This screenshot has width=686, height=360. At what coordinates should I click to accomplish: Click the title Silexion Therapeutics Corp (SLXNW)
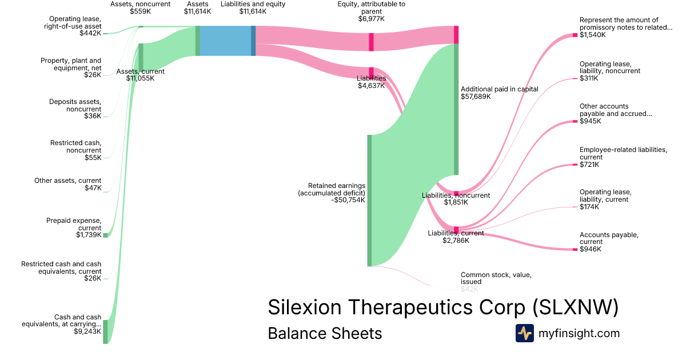(x=443, y=307)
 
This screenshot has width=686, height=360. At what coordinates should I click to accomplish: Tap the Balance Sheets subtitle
(x=325, y=333)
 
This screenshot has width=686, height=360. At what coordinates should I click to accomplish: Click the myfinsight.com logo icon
(x=524, y=333)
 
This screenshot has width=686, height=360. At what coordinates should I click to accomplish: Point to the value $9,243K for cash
(x=87, y=331)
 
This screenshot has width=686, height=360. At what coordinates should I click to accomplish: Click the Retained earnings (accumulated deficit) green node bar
(x=369, y=201)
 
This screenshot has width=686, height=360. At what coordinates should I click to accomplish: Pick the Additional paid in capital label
(x=499, y=89)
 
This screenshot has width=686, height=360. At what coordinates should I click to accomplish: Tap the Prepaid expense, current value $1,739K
(x=89, y=235)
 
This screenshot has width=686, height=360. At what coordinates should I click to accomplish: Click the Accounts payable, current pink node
(x=575, y=249)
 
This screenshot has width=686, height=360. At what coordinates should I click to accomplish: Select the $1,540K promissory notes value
(x=592, y=35)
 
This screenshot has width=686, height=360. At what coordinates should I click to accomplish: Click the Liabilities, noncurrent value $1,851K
(x=456, y=202)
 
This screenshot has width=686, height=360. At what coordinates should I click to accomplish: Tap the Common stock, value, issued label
(x=496, y=278)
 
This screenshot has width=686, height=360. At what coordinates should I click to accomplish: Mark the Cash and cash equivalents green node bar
(x=105, y=331)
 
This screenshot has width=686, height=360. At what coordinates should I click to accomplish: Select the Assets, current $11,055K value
(x=140, y=78)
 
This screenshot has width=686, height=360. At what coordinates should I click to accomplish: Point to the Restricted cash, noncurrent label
(x=75, y=146)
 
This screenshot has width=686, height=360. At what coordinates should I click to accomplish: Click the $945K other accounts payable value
(x=589, y=121)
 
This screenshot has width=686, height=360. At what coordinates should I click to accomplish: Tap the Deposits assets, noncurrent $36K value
(x=92, y=116)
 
